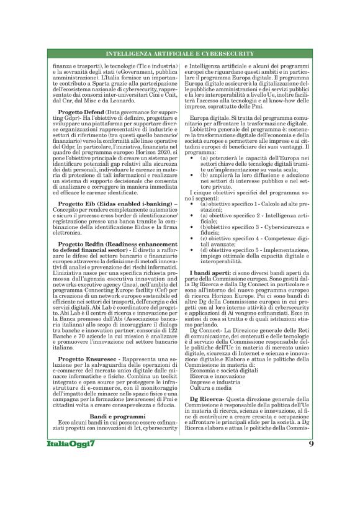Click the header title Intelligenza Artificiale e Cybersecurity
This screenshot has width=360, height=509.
(180, 54)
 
